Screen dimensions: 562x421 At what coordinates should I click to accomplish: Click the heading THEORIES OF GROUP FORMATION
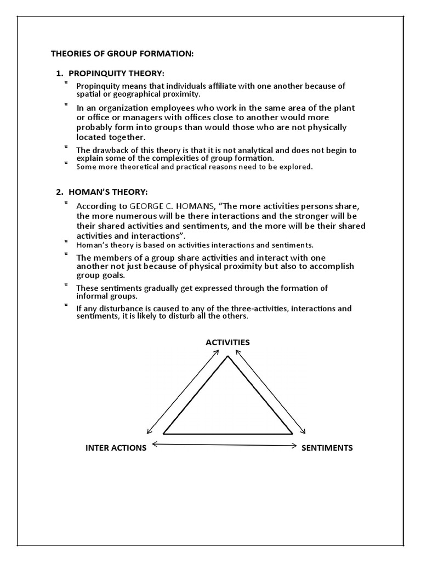pos(122,54)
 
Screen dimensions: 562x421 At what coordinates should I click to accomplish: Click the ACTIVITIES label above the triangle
pos(227,342)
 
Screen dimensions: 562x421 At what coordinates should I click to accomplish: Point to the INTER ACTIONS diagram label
pos(116,448)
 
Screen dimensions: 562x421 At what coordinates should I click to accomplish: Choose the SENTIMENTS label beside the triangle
pos(327,448)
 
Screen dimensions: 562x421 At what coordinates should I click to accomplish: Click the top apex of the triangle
pos(227,357)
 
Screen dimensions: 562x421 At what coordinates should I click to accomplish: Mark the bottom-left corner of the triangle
pos(164,433)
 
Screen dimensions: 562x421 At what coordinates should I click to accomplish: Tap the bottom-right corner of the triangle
pos(292,433)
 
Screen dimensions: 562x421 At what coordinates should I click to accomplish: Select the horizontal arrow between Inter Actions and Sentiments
pos(224,445)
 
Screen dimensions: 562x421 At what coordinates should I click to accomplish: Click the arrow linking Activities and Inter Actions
pos(183,391)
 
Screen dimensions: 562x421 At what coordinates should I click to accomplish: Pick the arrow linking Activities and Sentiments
pos(271,391)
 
